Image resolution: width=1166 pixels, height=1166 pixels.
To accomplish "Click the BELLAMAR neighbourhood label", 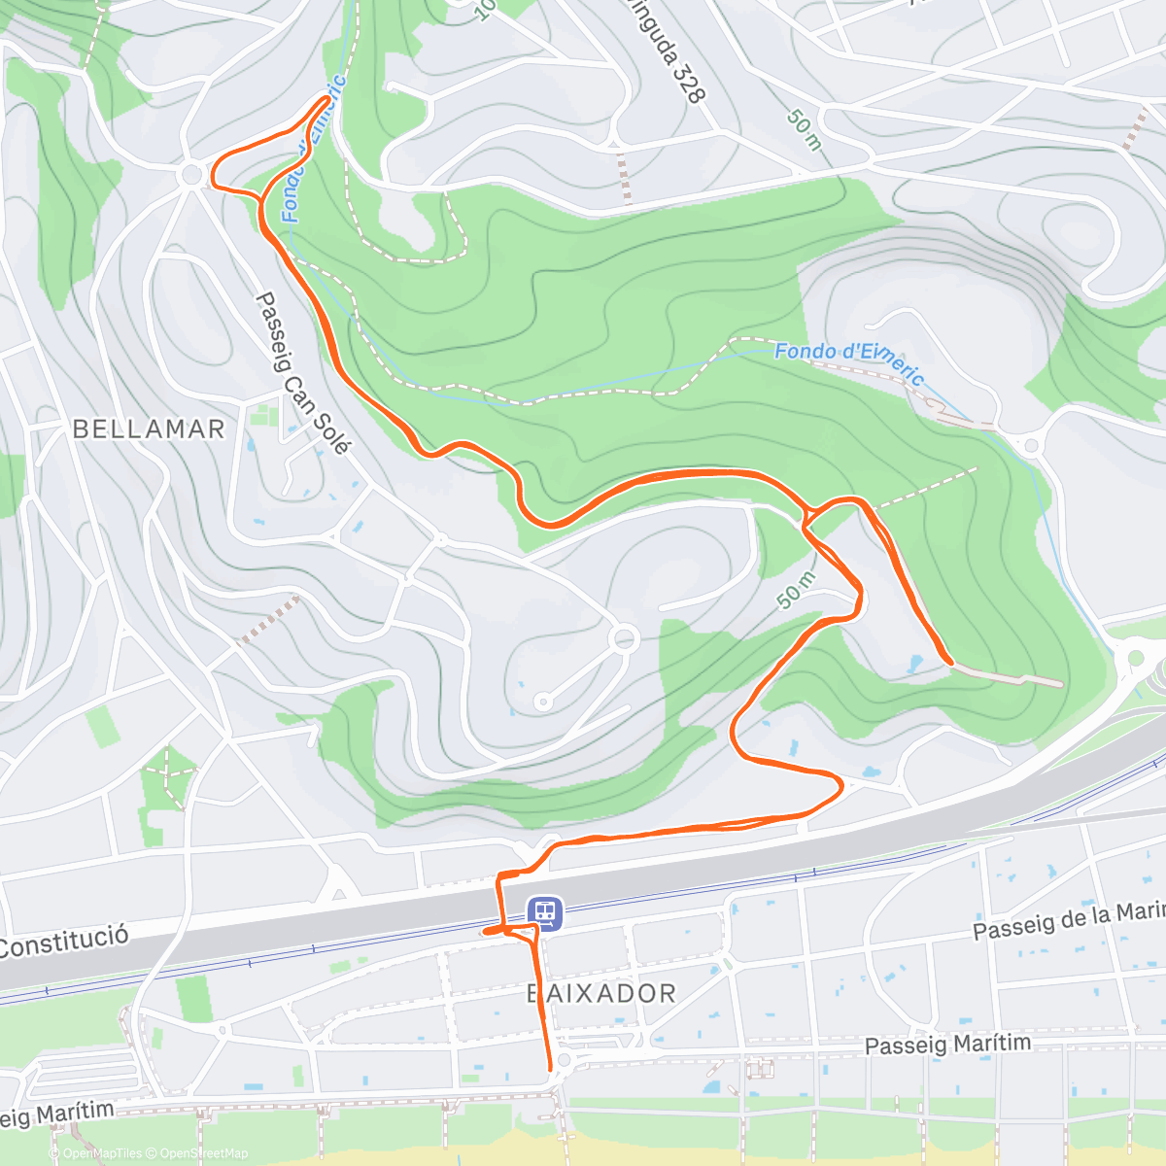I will [x=149, y=429].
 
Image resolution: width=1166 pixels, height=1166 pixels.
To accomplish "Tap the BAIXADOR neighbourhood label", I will [x=601, y=993].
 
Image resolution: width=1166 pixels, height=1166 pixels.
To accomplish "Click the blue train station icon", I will [x=544, y=912].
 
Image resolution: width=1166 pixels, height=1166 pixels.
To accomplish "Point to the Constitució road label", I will [x=64, y=942].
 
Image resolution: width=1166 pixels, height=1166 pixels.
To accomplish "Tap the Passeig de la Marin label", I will [x=1068, y=920].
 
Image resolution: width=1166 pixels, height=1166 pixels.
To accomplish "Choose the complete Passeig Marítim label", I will [x=947, y=1045].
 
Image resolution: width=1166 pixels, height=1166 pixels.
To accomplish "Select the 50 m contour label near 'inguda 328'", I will [x=805, y=128].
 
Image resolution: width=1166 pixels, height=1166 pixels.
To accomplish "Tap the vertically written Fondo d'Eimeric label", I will [x=314, y=151].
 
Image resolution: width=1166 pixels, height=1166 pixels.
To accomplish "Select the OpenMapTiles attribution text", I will [x=102, y=1153].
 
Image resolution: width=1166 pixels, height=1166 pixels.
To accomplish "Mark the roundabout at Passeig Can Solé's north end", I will [x=191, y=175].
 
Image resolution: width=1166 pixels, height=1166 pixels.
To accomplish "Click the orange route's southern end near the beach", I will [x=550, y=1069].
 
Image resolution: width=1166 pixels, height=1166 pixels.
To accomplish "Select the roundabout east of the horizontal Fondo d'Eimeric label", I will [x=1031, y=446].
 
